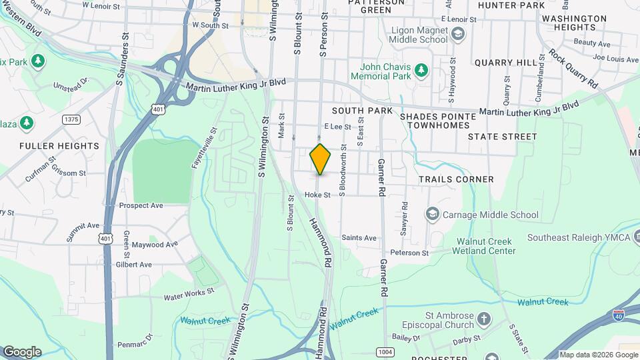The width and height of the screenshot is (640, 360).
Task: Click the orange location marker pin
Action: tap(321, 159)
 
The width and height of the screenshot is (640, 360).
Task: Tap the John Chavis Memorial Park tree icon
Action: tap(421, 69)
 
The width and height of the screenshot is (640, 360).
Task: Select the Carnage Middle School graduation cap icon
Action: tap(432, 214)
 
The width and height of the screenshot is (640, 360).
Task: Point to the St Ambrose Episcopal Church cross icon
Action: tap(483, 321)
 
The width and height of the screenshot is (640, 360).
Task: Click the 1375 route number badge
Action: tap(71, 119)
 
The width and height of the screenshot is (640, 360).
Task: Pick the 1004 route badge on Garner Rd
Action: tap(385, 351)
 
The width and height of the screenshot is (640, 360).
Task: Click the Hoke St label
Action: tap(317, 195)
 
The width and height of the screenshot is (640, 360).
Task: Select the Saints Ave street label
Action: tap(359, 238)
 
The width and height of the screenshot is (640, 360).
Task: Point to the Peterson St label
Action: tap(409, 253)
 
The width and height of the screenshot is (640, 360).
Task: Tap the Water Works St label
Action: tap(189, 293)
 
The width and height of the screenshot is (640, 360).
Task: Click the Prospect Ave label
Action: tap(141, 205)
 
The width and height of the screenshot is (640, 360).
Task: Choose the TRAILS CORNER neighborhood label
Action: tap(456, 179)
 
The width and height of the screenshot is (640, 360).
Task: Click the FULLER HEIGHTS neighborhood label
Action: tap(59, 145)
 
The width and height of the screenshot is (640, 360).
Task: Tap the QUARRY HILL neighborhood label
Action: tap(505, 62)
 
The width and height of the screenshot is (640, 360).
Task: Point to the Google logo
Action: tap(22, 352)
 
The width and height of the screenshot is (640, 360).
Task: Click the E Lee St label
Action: tap(337, 125)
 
